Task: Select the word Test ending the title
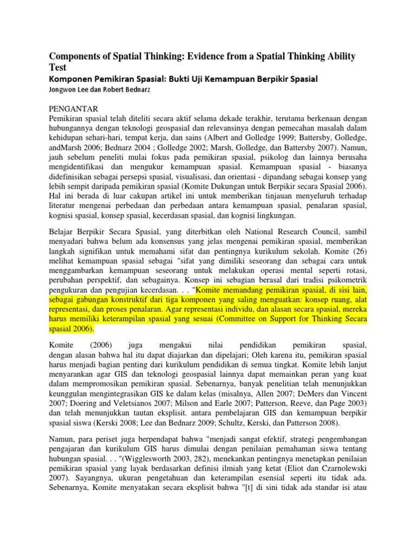click(59, 67)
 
